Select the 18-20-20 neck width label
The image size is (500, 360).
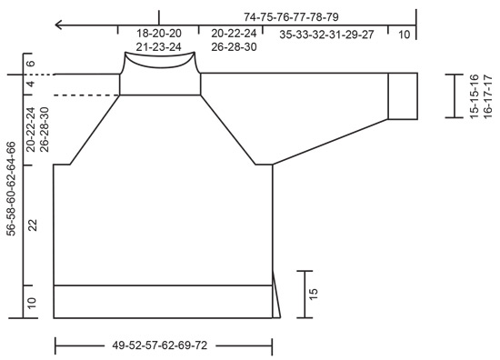click(x=159, y=33)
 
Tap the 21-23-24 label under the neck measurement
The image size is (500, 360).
click(x=159, y=47)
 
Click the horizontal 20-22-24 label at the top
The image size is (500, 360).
click(x=234, y=33)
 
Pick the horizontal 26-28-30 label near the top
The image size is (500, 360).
click(x=234, y=47)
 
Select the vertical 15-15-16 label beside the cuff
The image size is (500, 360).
click(x=474, y=95)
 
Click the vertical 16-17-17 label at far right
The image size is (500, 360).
click(x=488, y=95)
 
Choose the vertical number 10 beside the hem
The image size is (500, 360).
click(x=31, y=302)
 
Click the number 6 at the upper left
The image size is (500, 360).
click(x=31, y=65)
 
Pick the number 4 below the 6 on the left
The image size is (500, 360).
click(x=31, y=85)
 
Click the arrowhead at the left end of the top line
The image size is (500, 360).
click(x=58, y=25)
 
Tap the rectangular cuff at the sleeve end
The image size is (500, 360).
click(x=402, y=95)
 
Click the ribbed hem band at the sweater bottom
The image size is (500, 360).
click(x=164, y=301)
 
